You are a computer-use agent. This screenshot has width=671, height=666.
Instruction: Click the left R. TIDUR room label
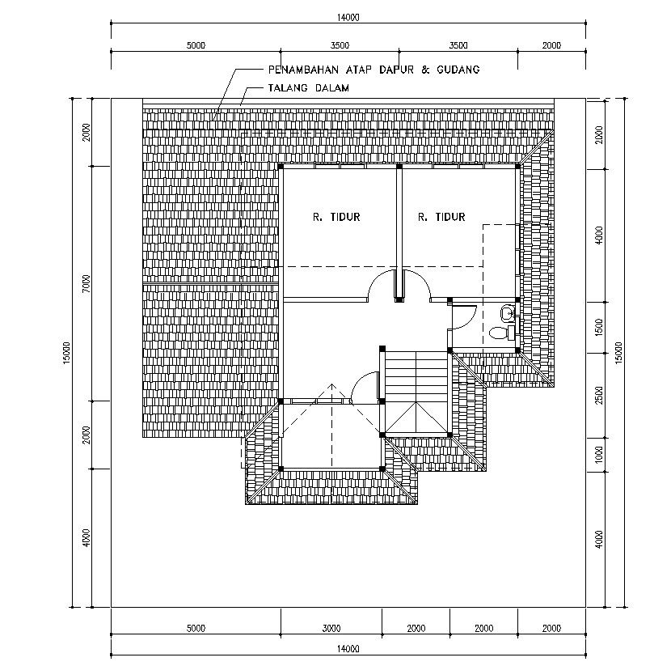coord(335,217)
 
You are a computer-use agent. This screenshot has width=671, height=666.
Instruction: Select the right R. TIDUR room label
coord(441,217)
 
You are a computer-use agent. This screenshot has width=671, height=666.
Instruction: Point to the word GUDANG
coord(458,70)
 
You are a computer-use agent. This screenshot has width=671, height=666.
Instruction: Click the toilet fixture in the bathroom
coord(499,332)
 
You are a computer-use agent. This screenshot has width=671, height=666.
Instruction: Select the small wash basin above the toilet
coord(507,312)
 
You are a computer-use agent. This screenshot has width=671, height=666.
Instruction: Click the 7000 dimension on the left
coord(87,284)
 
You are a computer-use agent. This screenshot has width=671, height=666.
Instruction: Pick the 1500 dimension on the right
coord(599,325)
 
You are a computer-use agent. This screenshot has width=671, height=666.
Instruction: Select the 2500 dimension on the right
coord(599,394)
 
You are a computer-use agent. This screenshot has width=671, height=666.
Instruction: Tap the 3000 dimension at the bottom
coord(331,629)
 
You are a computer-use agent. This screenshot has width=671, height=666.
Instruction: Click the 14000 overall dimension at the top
coord(348,16)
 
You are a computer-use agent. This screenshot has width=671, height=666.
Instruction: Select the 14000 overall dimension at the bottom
coord(348,649)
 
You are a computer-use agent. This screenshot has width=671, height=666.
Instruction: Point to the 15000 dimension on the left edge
coord(66,352)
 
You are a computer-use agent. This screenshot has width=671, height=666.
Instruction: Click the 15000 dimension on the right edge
coord(618,352)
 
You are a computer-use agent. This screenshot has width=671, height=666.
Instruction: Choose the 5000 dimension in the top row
coord(196,45)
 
